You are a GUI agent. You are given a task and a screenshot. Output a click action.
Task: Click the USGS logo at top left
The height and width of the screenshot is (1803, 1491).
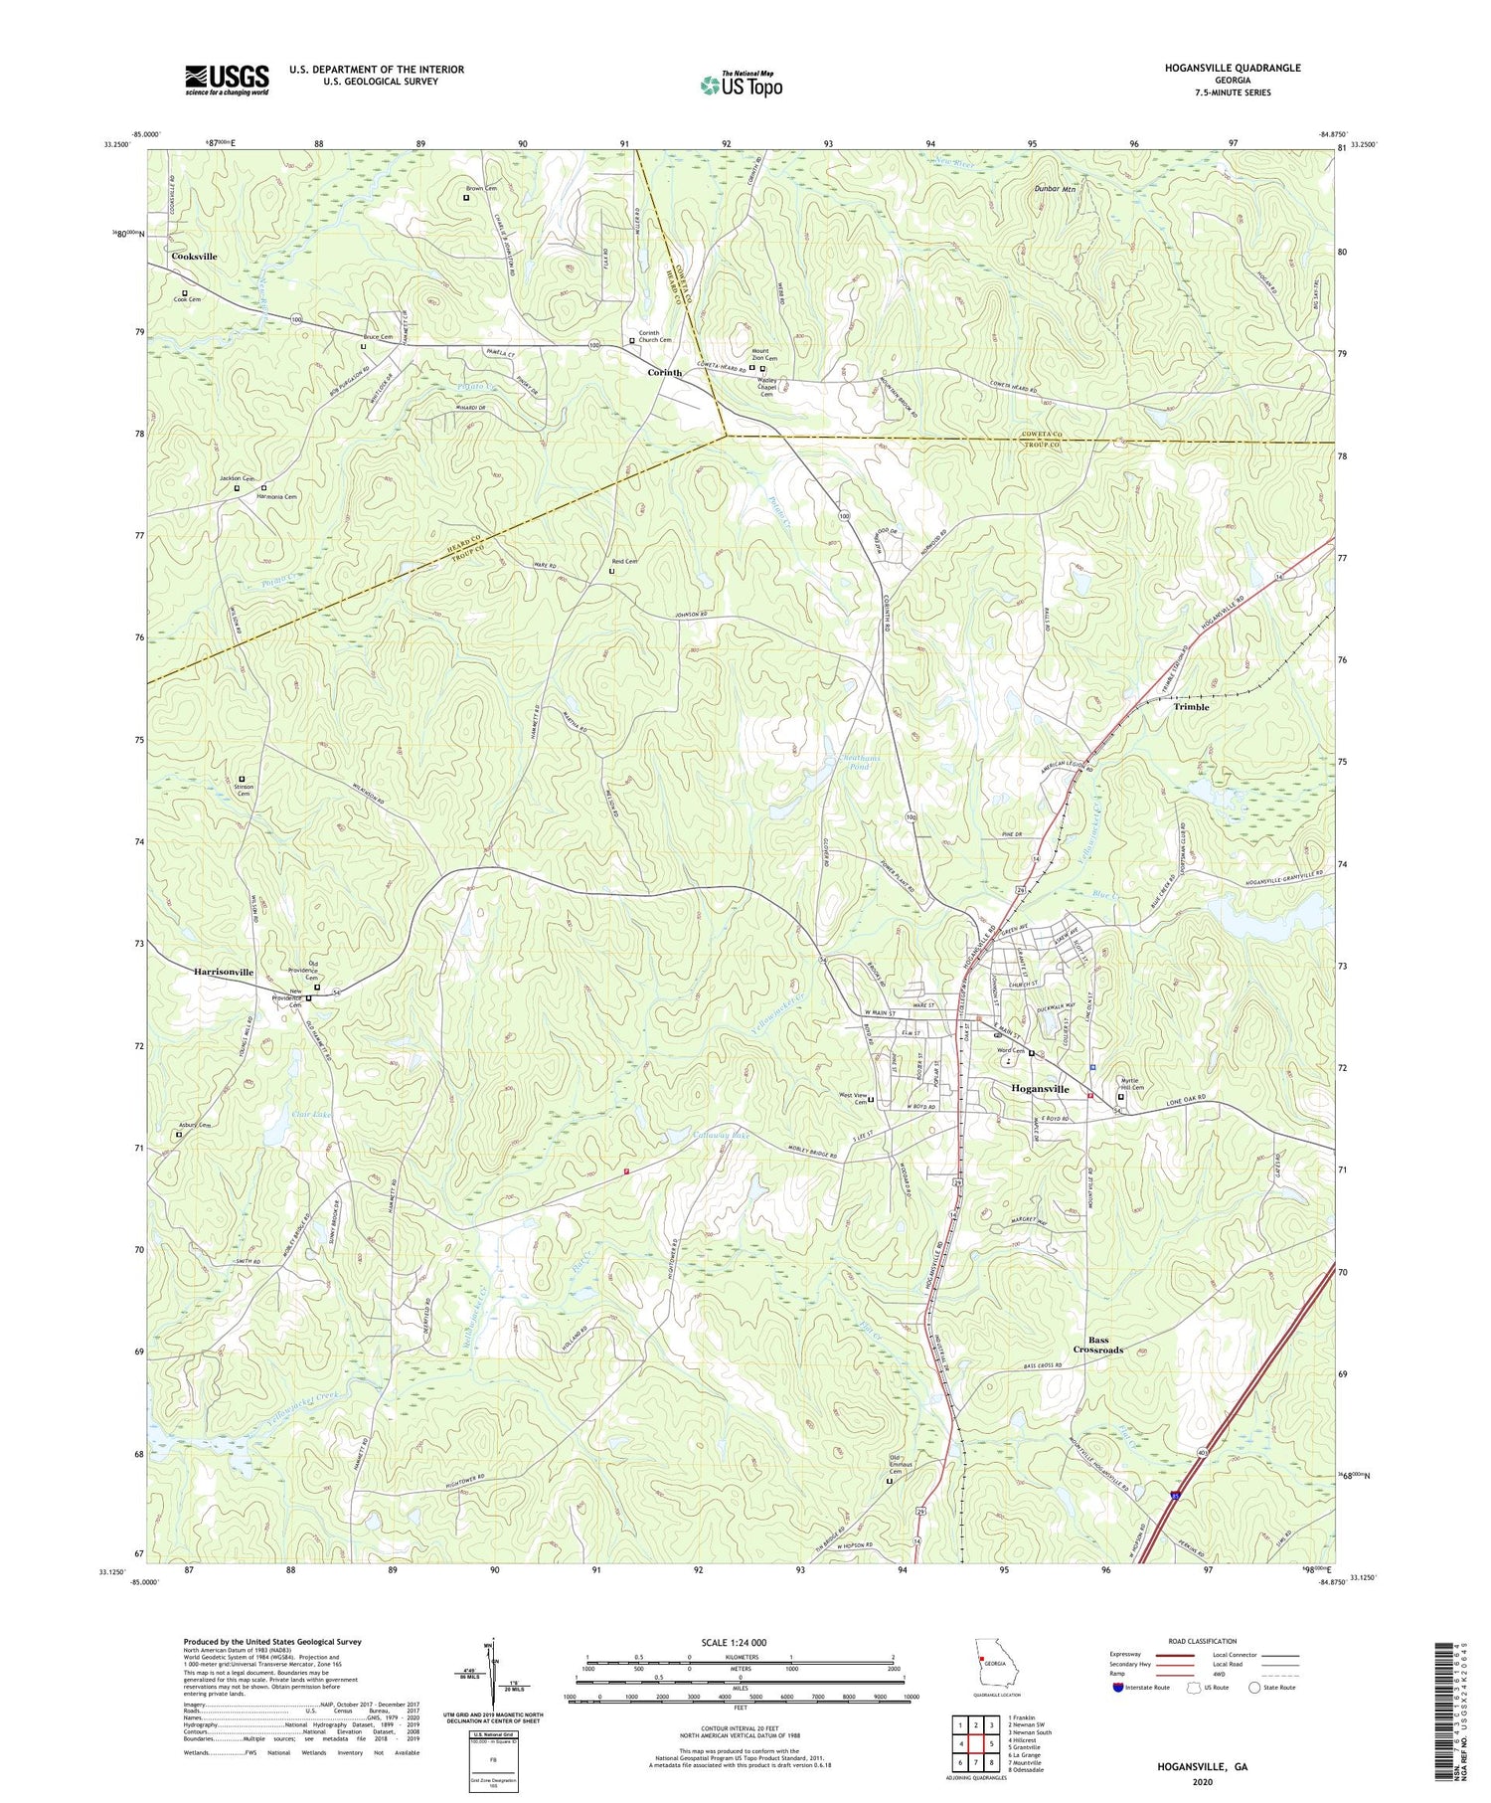227,80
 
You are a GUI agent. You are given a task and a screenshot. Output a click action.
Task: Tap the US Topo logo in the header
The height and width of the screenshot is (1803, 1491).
741,86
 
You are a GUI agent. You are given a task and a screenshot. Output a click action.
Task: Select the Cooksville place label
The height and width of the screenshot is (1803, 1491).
194,257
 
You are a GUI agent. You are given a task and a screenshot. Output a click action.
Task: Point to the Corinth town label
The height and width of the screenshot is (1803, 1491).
665,372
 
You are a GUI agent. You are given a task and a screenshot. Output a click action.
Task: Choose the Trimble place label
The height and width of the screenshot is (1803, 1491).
1191,707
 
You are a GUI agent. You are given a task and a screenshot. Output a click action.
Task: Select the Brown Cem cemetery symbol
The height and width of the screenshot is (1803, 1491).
466,198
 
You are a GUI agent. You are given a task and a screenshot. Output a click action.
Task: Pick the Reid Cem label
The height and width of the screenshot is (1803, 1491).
624,562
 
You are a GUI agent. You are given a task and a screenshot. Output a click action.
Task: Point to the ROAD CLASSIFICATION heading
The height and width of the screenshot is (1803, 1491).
1202,1641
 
